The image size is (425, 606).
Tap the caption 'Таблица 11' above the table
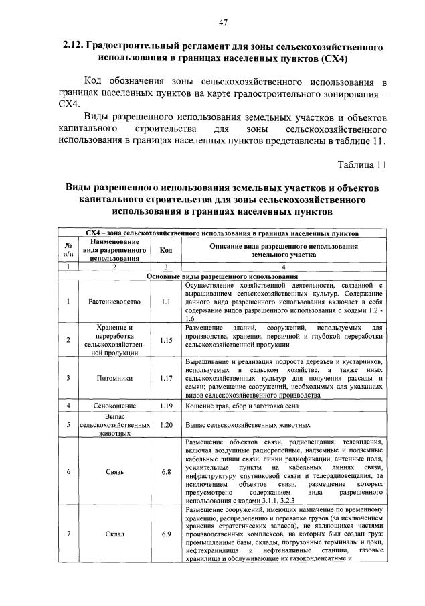(x=362, y=165)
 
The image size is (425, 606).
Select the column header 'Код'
(x=167, y=250)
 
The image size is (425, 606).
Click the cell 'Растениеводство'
(x=114, y=302)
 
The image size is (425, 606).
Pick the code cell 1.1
(x=167, y=302)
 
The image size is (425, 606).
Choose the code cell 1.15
(x=167, y=340)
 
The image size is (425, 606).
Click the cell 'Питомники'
(x=114, y=378)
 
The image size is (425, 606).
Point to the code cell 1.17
(x=167, y=378)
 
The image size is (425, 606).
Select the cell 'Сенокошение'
(x=114, y=406)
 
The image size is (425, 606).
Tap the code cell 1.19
(x=167, y=406)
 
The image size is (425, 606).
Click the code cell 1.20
(x=167, y=425)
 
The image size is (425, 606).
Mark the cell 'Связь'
(x=114, y=472)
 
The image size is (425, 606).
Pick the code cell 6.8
(x=167, y=472)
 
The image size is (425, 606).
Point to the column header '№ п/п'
(x=68, y=250)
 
